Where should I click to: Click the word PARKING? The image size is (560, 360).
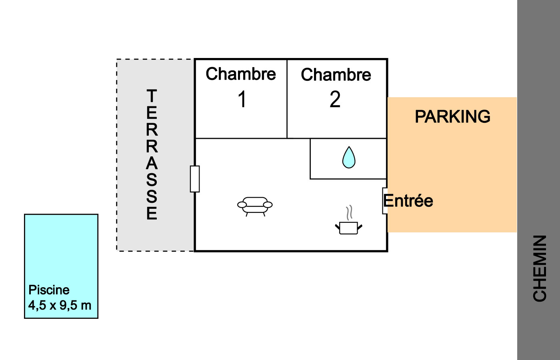pyautogui.click(x=452, y=117)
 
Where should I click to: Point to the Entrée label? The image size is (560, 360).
pyautogui.click(x=408, y=201)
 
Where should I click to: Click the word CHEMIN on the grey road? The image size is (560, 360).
pyautogui.click(x=540, y=268)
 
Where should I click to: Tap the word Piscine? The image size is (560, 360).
pyautogui.click(x=49, y=290)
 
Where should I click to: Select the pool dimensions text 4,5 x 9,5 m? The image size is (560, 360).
pyautogui.click(x=60, y=306)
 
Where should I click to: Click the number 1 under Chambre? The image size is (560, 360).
pyautogui.click(x=242, y=99)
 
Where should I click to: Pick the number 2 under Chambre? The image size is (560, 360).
pyautogui.click(x=335, y=99)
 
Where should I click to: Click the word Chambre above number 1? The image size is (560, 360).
pyautogui.click(x=241, y=74)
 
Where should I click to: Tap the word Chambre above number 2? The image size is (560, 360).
pyautogui.click(x=336, y=75)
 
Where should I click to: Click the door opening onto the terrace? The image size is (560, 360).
pyautogui.click(x=195, y=179)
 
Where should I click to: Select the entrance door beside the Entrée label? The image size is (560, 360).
pyautogui.click(x=384, y=201)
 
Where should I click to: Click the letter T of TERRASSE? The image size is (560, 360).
pyautogui.click(x=152, y=96)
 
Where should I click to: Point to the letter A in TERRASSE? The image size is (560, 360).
pyautogui.click(x=152, y=163)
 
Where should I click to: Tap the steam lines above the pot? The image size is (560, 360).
pyautogui.click(x=350, y=212)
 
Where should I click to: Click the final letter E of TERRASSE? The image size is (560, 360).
pyautogui.click(x=152, y=213)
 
